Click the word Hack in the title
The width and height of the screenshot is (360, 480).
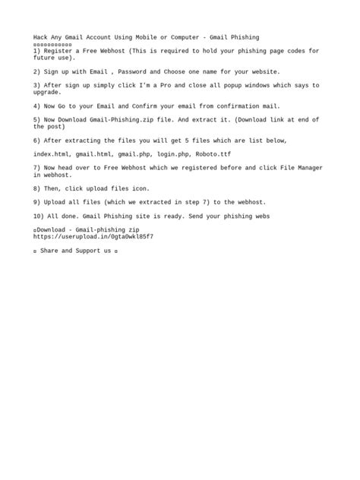[x=40, y=36]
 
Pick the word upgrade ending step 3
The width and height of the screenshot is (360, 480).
[x=47, y=92]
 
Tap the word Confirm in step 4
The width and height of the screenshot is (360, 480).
[x=134, y=106]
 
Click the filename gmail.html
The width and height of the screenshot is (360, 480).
[x=94, y=154]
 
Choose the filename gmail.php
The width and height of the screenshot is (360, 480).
[x=134, y=154]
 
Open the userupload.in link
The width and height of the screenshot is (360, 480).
[x=93, y=237]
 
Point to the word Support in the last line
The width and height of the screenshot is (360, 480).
[x=90, y=251]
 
